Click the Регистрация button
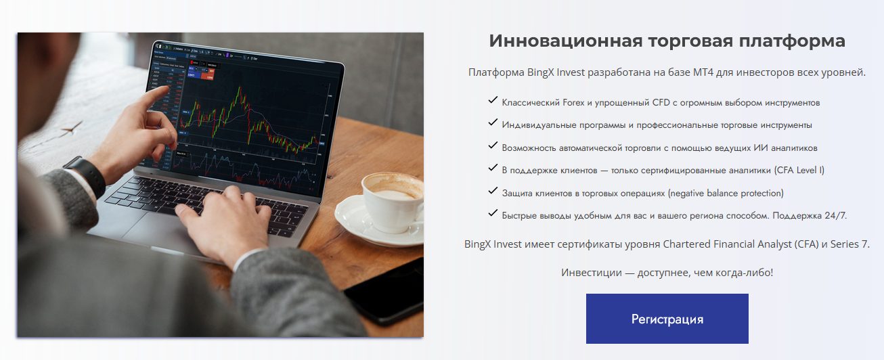[x=667, y=319]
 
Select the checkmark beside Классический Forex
[x=492, y=101]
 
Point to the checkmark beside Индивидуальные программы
[x=492, y=123]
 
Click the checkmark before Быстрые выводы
[x=492, y=214]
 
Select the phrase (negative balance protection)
[x=725, y=193]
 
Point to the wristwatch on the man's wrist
[x=86, y=175]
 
